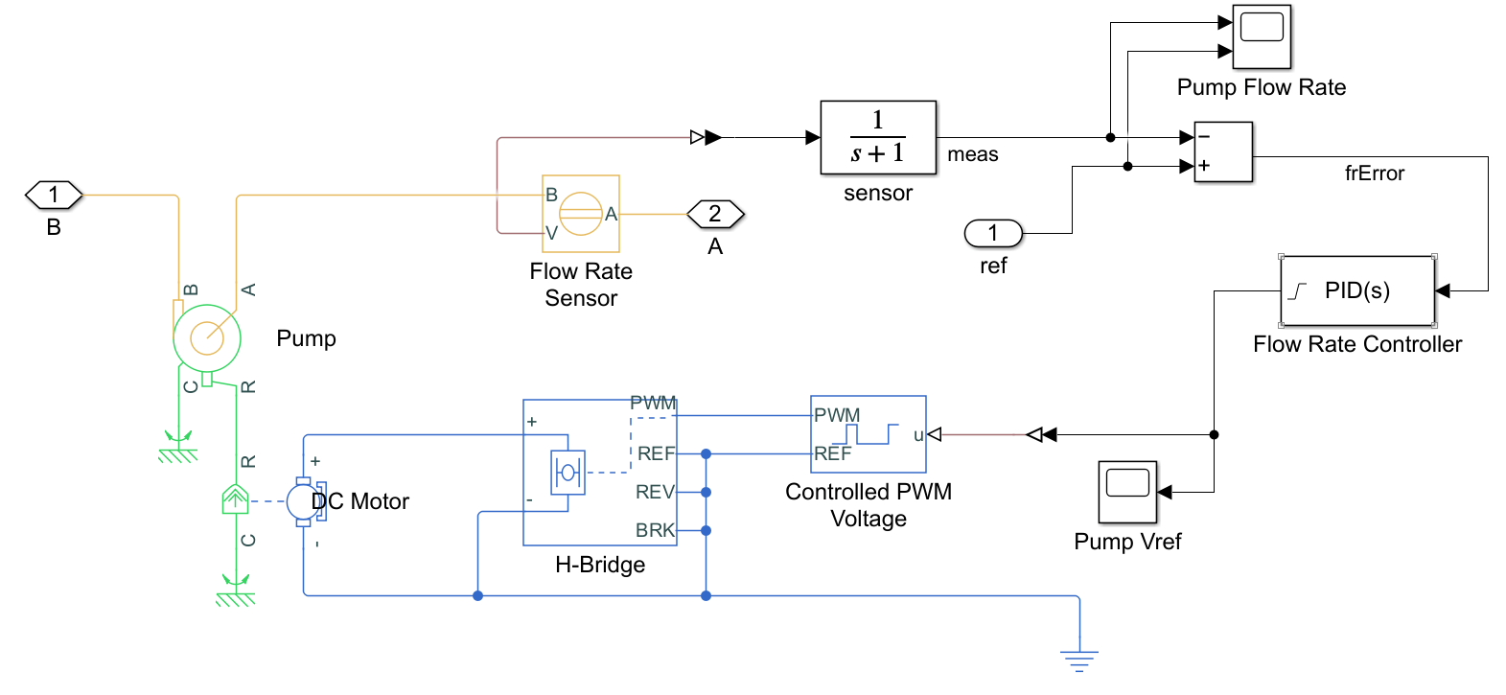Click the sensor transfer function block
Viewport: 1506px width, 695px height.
[877, 137]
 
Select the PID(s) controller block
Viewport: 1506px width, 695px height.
[1356, 290]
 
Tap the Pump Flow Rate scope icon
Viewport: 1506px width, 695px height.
[1261, 36]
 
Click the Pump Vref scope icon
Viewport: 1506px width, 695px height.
[1127, 492]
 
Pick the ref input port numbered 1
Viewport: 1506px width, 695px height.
[993, 233]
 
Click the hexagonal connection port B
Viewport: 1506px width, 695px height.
[54, 196]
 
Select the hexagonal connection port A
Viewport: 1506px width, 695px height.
[715, 214]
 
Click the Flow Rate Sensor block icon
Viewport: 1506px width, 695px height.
[581, 214]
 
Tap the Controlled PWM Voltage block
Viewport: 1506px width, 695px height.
[868, 434]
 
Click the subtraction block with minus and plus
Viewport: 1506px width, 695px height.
[1223, 151]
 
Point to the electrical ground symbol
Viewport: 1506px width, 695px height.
[1079, 660]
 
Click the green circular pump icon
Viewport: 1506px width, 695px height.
[207, 337]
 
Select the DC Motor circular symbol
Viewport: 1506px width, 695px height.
[302, 501]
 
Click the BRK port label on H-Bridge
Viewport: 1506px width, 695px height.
[655, 530]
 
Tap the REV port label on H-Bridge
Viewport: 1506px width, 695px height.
[655, 492]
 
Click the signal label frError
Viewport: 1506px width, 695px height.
[1374, 174]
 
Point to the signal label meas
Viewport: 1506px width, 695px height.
[972, 154]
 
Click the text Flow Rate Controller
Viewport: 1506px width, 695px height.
[1356, 344]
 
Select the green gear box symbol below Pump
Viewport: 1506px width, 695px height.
[235, 499]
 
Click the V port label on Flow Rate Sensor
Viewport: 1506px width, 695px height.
[551, 232]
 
